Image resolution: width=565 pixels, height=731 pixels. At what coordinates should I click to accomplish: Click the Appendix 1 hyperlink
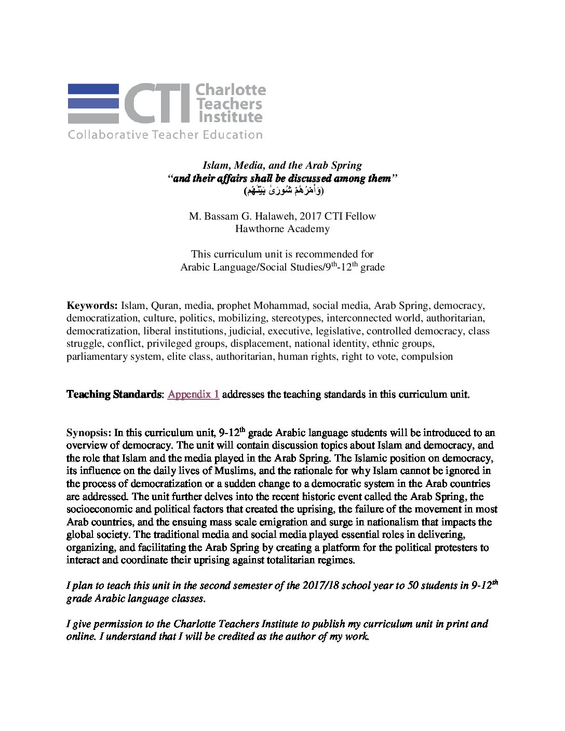click(193, 394)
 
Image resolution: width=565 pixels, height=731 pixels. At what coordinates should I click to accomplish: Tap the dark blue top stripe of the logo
click(93, 89)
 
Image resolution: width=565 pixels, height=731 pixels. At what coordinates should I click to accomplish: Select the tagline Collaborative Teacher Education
click(165, 135)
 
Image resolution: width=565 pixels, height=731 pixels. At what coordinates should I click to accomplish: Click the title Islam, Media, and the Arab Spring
click(282, 165)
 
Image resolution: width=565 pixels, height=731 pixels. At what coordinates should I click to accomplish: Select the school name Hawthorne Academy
click(282, 228)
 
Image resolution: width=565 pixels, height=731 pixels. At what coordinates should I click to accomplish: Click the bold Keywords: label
click(92, 305)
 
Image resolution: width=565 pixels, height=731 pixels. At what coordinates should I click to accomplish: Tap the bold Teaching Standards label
click(114, 394)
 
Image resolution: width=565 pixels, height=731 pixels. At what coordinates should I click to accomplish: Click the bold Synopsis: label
click(89, 432)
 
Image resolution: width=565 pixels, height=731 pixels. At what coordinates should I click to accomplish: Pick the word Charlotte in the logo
click(231, 90)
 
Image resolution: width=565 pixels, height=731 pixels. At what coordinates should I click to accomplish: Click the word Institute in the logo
click(231, 117)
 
